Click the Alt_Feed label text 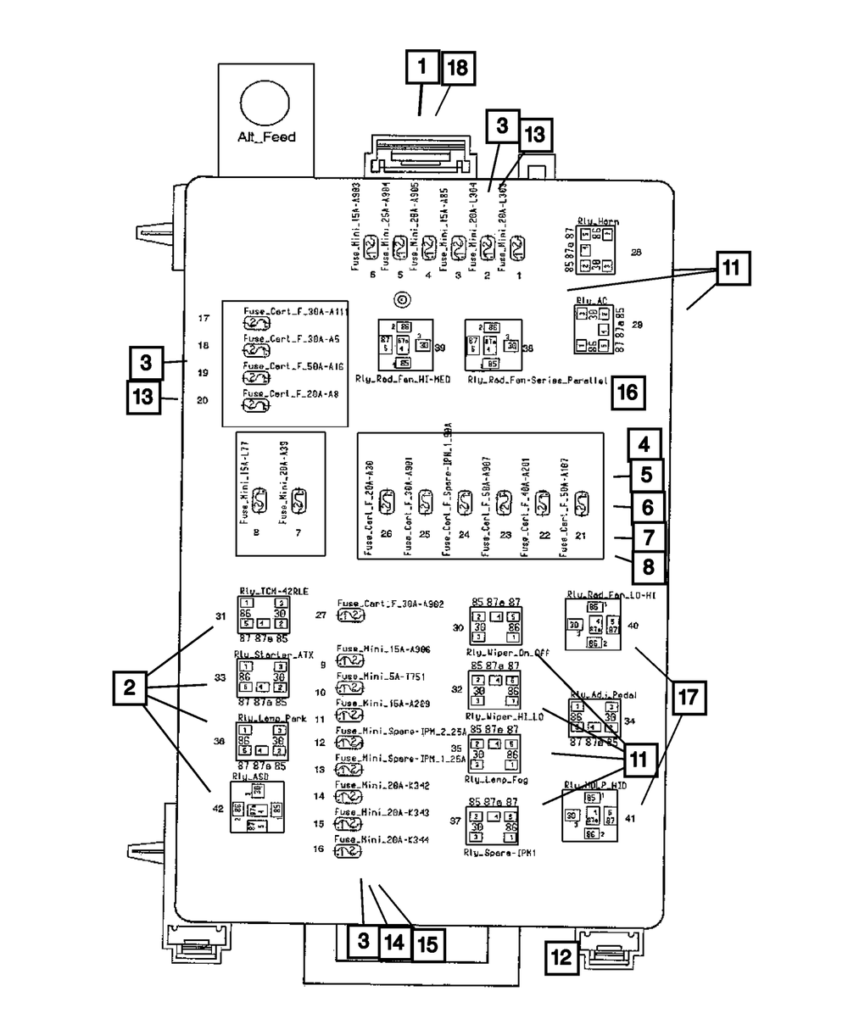266,136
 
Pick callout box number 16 628,393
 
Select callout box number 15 427,942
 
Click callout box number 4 645,445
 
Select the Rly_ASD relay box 256,807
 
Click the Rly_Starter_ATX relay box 263,677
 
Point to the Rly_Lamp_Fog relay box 495,754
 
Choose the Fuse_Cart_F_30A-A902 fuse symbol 349,615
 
